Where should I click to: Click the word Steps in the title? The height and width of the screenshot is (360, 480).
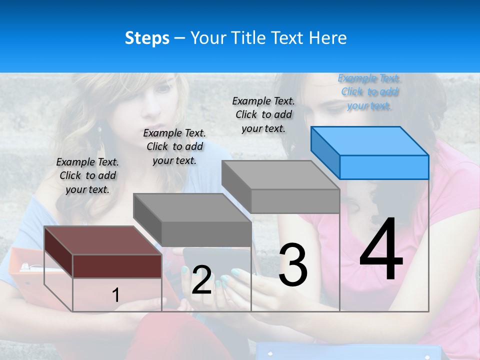147,38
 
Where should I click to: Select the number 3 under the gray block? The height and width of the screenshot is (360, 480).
293,265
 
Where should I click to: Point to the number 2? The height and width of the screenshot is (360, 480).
201,279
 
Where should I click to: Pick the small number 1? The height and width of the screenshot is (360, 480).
116,295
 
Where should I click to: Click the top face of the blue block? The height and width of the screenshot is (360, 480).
370,140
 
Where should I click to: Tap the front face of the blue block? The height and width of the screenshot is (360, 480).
384,167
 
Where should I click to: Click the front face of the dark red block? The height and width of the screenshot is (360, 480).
117,265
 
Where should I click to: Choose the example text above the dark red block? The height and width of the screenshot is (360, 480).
87,175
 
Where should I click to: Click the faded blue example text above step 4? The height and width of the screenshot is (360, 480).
369,91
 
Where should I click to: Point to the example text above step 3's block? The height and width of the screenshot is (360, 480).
263,114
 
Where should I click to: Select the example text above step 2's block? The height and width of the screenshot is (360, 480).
174,146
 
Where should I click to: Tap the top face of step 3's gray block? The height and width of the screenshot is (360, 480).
280,175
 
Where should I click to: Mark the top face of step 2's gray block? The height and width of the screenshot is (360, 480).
192,207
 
